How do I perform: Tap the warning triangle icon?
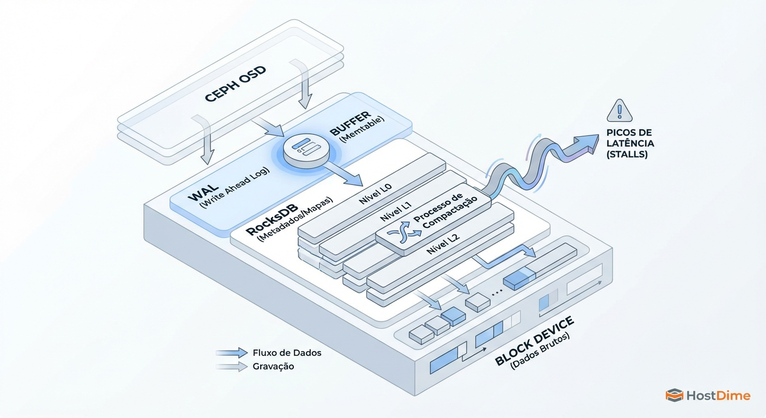[x=619, y=110]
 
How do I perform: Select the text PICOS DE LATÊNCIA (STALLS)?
[x=630, y=143]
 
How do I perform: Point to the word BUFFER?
[x=349, y=124]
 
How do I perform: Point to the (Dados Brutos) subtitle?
[x=540, y=353]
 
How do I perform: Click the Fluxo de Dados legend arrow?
[x=232, y=353]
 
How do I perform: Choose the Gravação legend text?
[x=273, y=366]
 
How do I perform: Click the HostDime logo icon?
[x=674, y=396]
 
